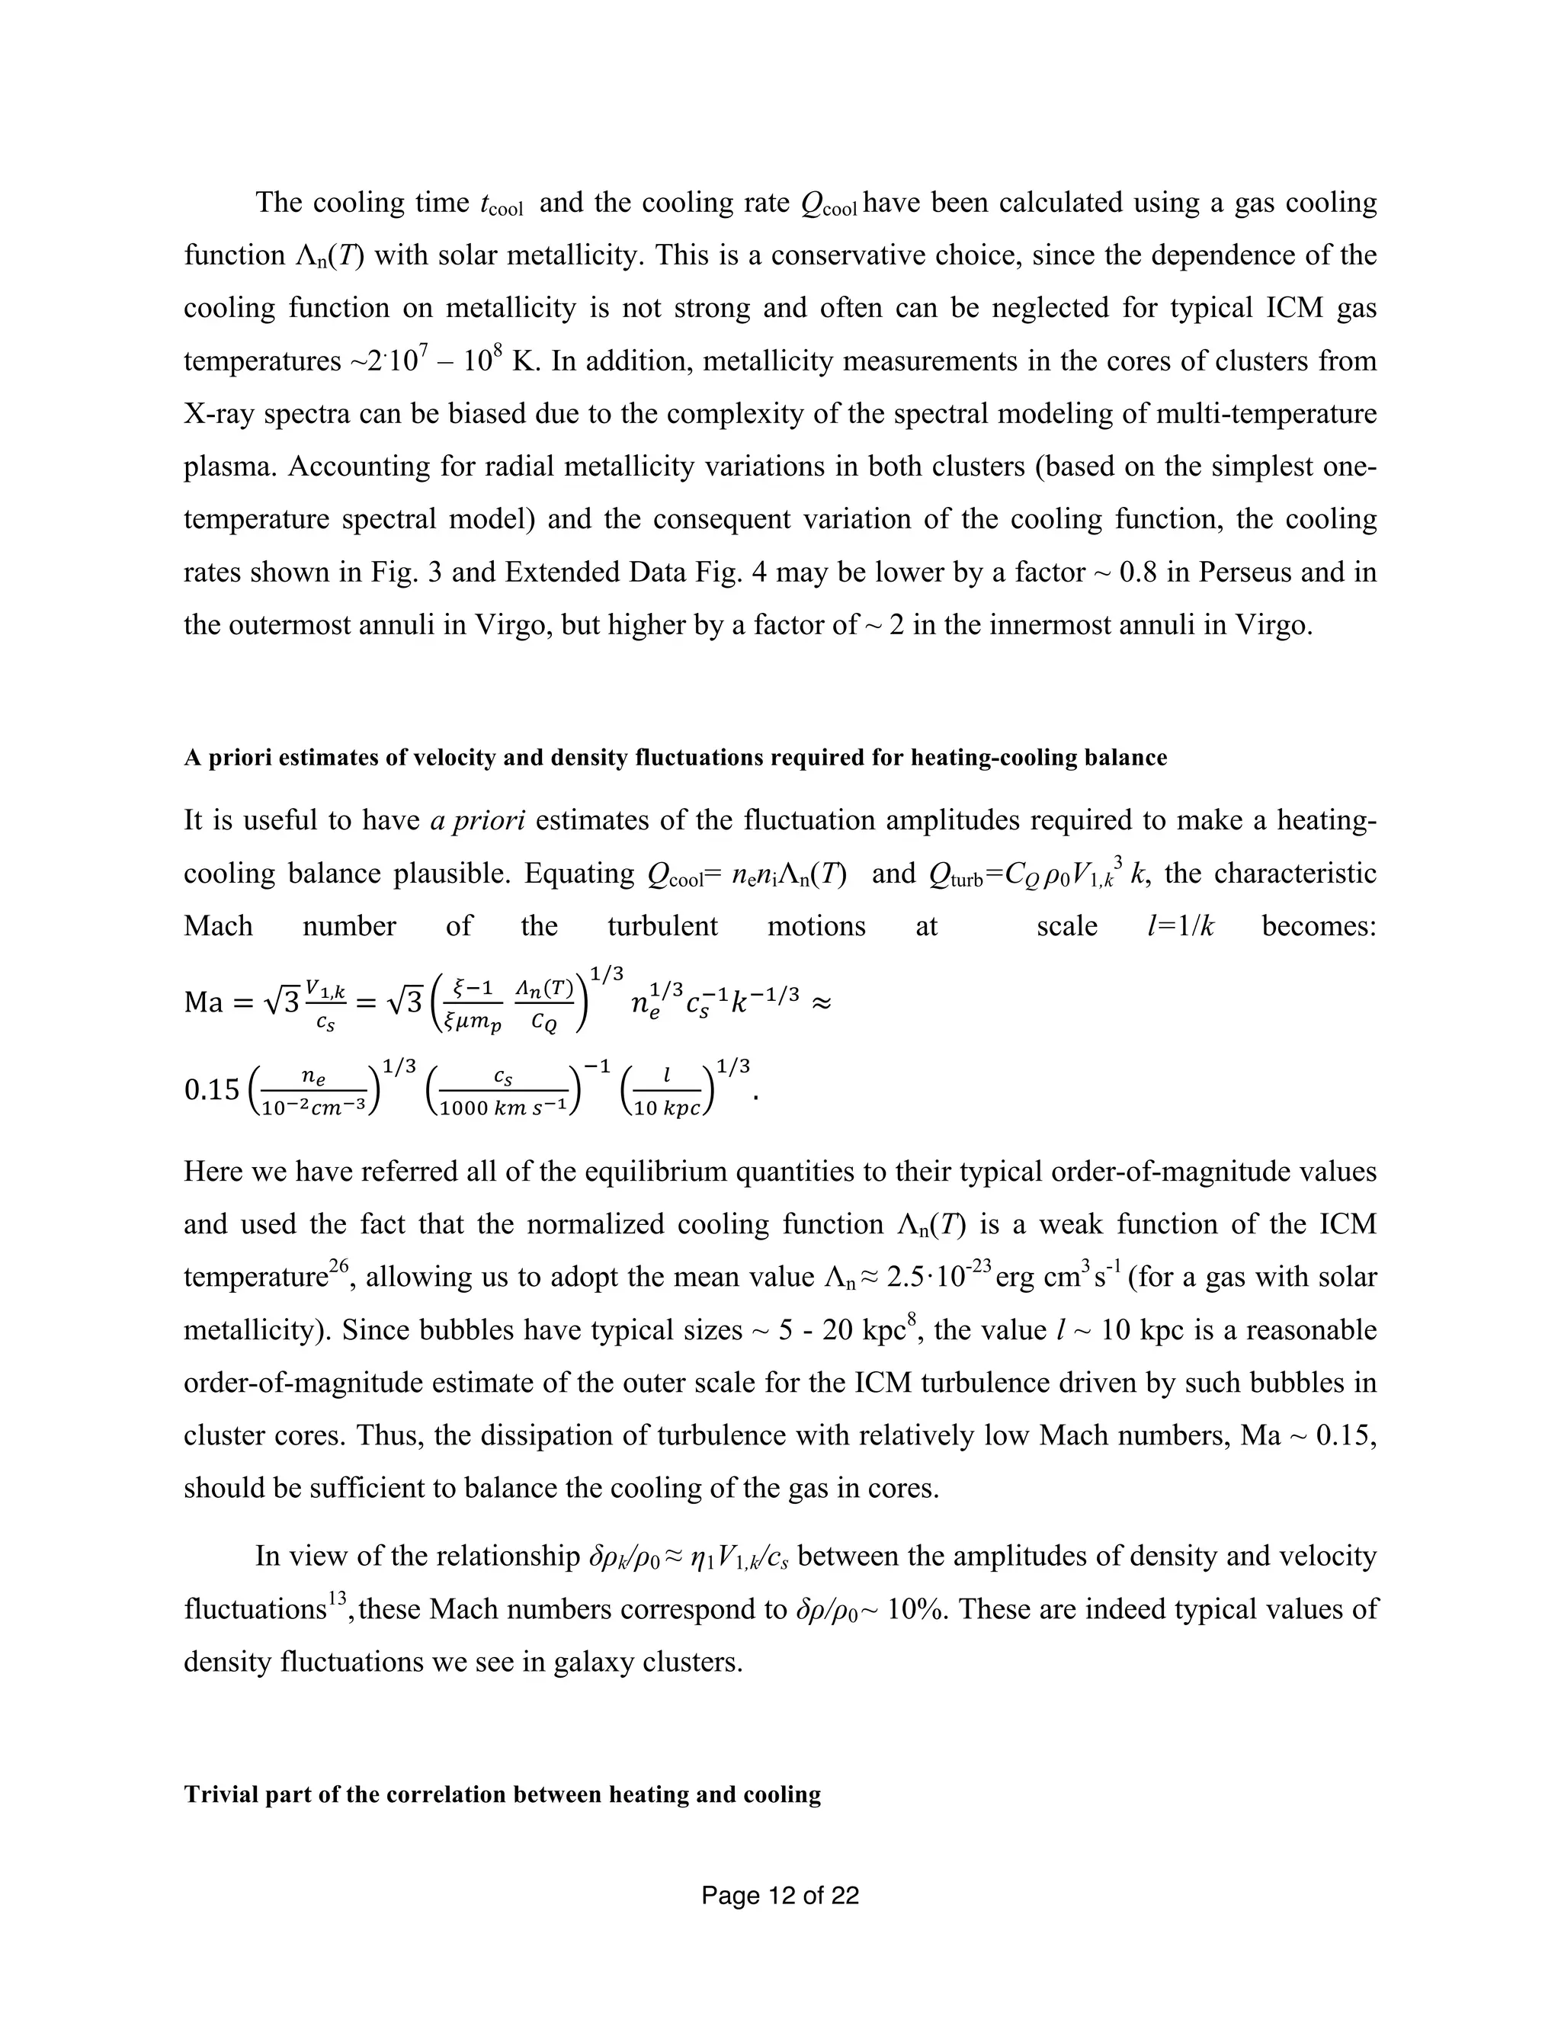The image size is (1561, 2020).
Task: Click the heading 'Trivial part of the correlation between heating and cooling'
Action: point(502,1794)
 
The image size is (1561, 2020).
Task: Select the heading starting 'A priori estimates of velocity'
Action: point(675,758)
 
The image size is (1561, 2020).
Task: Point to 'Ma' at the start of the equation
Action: point(204,1002)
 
